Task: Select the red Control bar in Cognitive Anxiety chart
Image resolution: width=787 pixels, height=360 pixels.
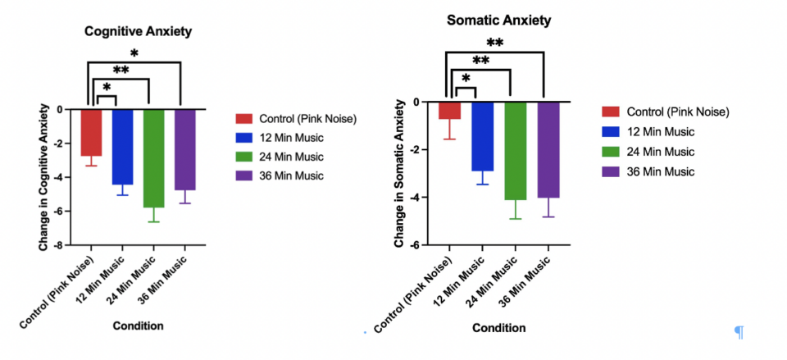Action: tap(91, 131)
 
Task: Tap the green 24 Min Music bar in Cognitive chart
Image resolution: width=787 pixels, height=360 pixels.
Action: tap(154, 157)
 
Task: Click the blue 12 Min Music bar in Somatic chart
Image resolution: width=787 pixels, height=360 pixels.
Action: tap(481, 135)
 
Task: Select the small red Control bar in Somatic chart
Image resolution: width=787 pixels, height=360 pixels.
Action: tap(449, 110)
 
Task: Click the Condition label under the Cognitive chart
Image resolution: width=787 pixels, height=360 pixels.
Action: tap(139, 326)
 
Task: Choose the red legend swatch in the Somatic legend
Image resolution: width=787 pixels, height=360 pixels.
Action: tap(611, 112)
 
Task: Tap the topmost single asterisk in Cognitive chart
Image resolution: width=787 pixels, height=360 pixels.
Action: tap(134, 54)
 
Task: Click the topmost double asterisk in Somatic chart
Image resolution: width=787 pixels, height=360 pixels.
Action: tap(494, 43)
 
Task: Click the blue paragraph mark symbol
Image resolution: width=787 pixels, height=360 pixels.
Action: tap(739, 331)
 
